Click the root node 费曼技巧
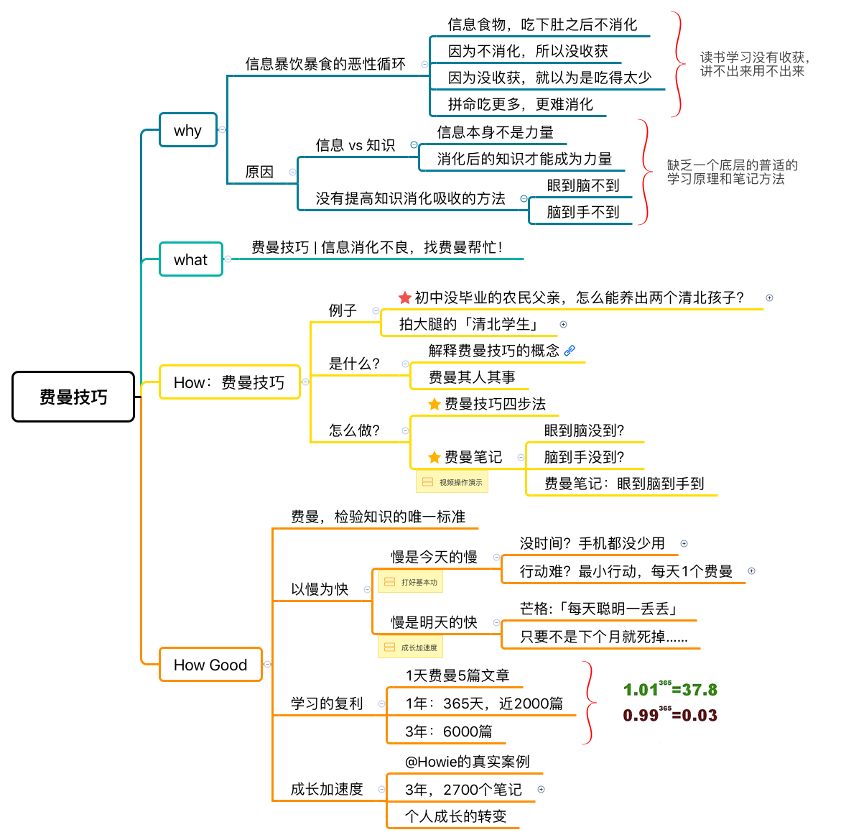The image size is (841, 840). click(73, 397)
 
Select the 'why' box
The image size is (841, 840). click(187, 130)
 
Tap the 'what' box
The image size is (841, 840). click(190, 259)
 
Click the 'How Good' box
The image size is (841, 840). click(210, 665)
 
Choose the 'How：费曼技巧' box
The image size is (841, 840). click(229, 382)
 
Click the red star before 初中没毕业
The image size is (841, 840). click(404, 297)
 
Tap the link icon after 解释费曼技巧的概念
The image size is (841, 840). click(570, 351)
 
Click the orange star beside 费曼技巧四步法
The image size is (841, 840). click(434, 404)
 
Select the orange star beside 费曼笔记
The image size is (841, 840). click(434, 457)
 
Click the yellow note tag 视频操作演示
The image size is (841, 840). click(452, 482)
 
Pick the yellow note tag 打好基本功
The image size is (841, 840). click(410, 582)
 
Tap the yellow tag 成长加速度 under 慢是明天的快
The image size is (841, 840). click(410, 647)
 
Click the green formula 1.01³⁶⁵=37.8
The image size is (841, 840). click(670, 690)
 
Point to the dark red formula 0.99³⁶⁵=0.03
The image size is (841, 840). click(670, 715)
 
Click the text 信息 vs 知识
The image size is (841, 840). click(355, 145)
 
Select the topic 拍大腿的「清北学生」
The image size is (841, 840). click(468, 324)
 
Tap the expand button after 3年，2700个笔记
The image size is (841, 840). click(542, 789)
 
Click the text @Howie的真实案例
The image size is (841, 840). click(467, 762)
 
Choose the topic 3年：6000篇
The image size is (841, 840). click(448, 731)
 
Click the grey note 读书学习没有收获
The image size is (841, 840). click(753, 64)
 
